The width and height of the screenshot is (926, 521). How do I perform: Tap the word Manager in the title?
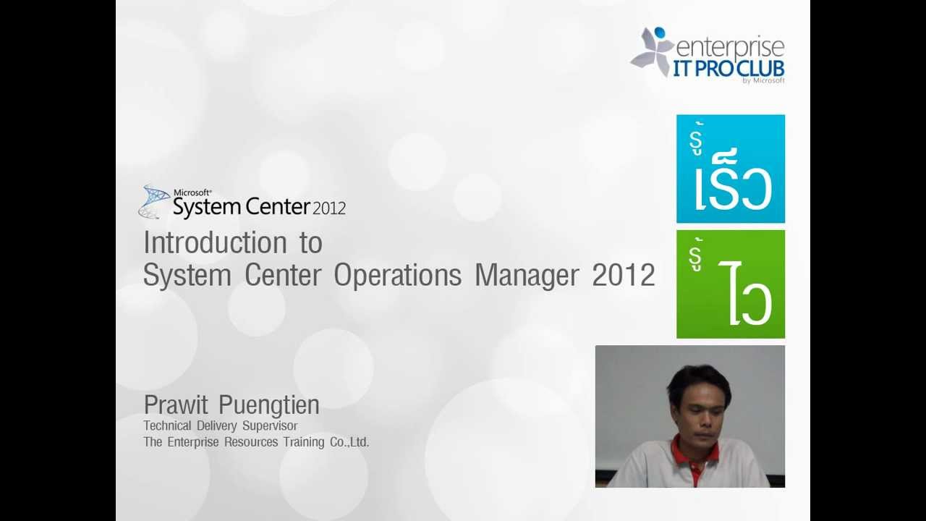click(527, 276)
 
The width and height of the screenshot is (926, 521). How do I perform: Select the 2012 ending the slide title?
click(623, 276)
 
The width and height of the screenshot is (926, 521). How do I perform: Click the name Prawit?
click(176, 405)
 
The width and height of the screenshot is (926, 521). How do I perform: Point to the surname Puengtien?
click(268, 405)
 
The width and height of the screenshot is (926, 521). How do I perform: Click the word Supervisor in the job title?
click(270, 425)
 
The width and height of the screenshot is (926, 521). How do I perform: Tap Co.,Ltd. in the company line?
click(349, 442)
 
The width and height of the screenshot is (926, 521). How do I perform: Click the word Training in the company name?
click(304, 442)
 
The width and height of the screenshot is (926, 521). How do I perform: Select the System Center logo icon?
click(153, 202)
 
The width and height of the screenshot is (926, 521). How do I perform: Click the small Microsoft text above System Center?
click(192, 192)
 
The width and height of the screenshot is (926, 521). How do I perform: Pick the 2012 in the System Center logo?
click(329, 209)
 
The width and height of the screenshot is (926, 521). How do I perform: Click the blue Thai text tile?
click(730, 169)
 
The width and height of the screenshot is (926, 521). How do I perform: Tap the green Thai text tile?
click(730, 284)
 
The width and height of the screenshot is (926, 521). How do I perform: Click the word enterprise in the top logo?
click(729, 48)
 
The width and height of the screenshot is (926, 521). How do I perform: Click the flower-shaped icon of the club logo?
click(653, 52)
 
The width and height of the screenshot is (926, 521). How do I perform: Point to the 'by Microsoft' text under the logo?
click(763, 81)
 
